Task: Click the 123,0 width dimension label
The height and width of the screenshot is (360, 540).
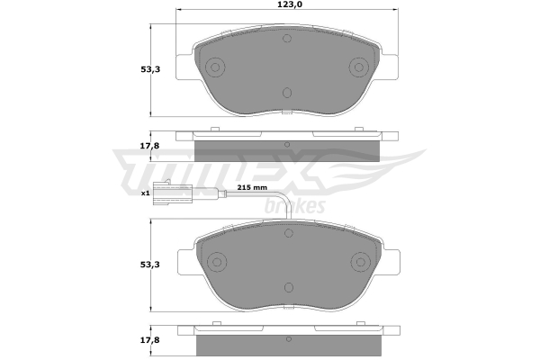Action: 287,4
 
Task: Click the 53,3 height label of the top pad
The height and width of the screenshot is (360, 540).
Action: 150,69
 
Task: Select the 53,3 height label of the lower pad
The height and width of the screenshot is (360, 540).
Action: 150,265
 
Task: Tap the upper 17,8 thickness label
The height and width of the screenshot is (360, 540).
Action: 149,146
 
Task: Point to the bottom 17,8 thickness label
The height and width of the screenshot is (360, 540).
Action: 150,340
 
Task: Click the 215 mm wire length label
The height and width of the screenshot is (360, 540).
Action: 252,188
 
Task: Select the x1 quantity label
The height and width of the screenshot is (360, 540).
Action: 145,193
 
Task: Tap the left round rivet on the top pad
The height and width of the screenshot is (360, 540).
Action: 215,67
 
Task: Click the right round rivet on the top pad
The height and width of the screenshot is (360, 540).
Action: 359,67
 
